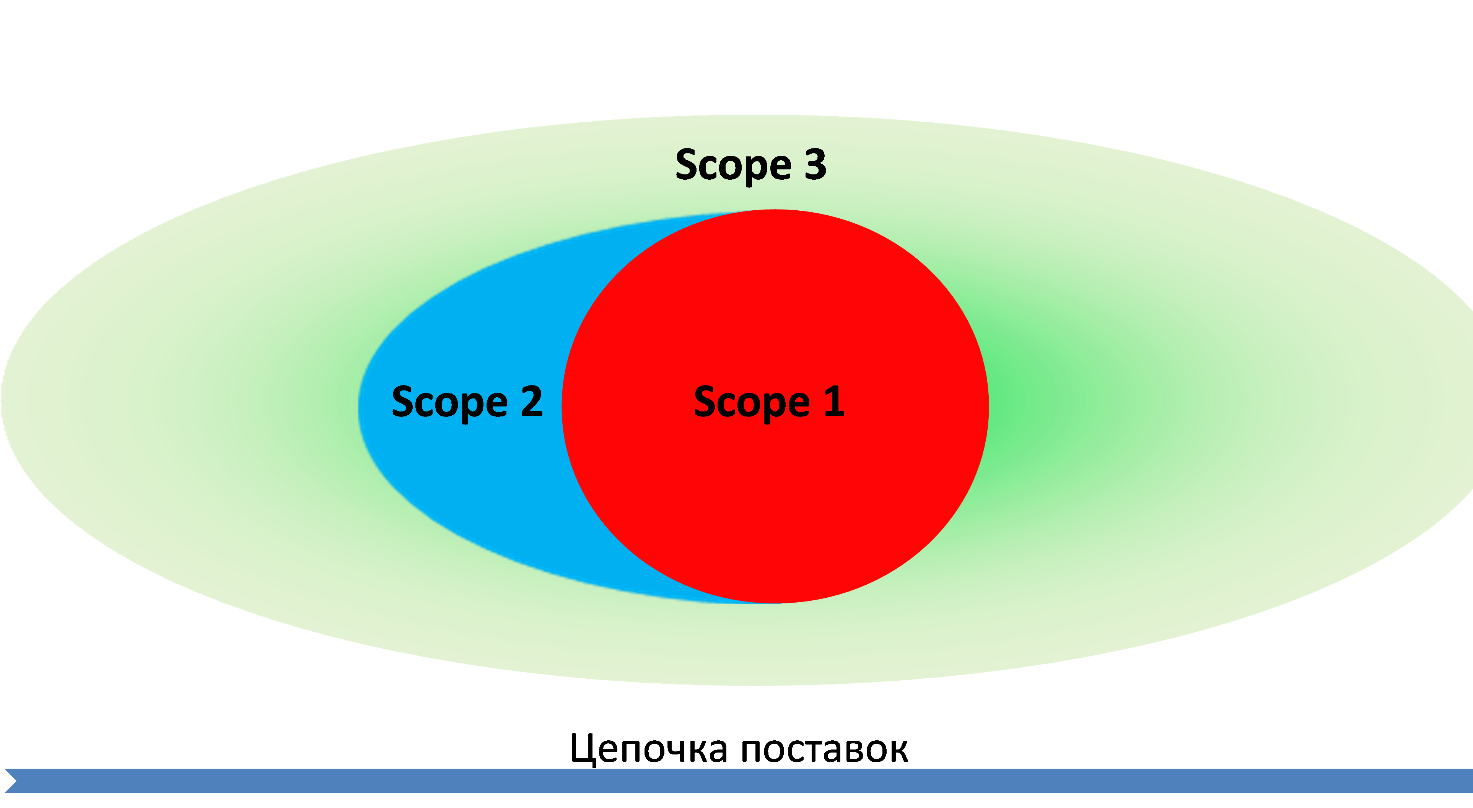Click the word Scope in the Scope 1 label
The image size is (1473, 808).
coord(751,403)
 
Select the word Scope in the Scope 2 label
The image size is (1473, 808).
coord(449,403)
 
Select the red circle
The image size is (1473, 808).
coord(775,486)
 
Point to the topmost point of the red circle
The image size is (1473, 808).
coord(775,210)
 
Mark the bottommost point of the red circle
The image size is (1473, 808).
coord(775,603)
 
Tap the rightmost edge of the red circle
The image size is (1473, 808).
coord(988,406)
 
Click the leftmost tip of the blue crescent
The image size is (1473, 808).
coord(358,406)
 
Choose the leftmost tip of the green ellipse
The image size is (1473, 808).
coord(2,400)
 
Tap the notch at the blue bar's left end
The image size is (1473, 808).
coord(10,780)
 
